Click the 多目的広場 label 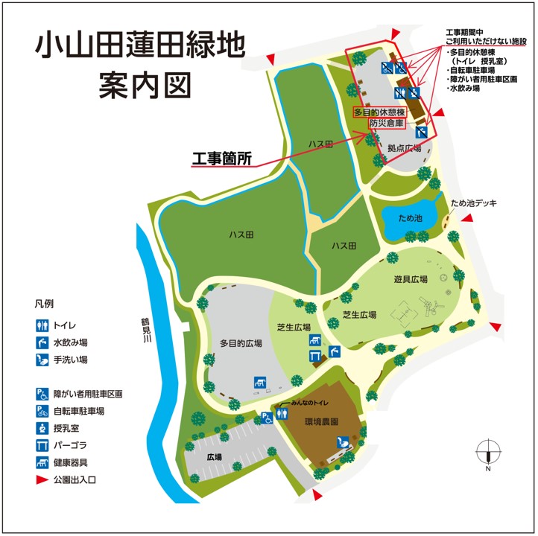click(x=241, y=343)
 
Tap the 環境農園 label click(x=322, y=421)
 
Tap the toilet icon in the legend click(x=42, y=325)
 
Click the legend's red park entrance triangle click(x=42, y=480)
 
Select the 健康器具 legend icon click(x=42, y=462)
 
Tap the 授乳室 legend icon click(x=42, y=428)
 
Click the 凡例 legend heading click(x=44, y=305)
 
